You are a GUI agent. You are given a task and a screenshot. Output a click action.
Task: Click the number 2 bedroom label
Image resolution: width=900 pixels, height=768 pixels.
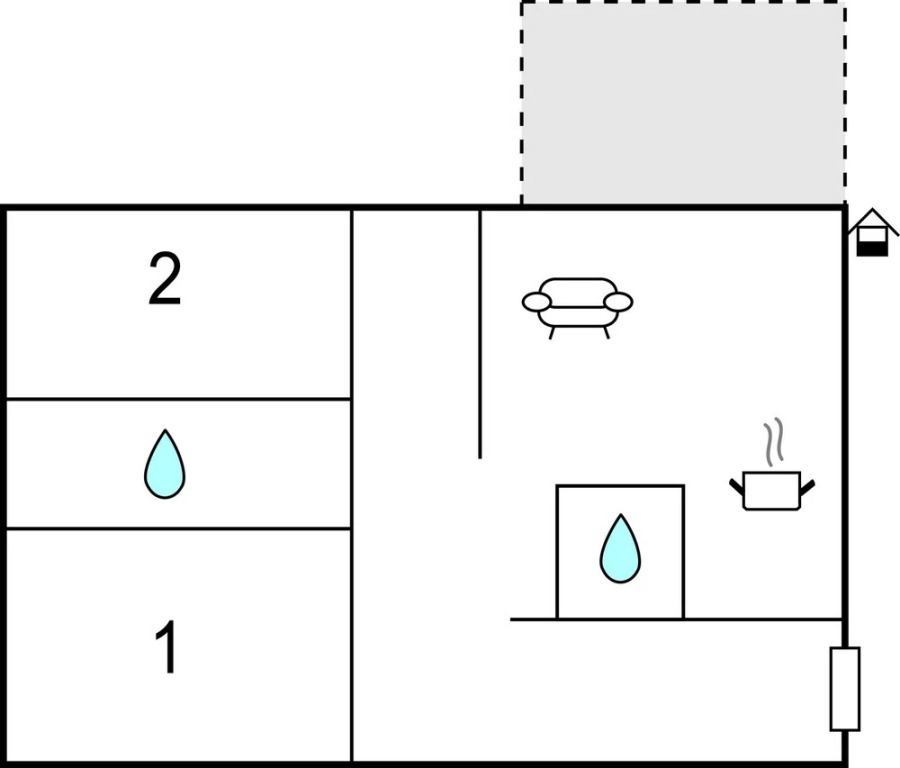[165, 280]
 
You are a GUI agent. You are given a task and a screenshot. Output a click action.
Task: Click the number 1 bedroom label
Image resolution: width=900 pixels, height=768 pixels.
[166, 647]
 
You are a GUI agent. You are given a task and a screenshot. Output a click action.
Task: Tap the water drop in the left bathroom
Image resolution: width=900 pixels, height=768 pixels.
[165, 464]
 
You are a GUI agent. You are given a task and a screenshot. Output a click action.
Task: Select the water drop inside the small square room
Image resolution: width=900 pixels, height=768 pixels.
[620, 549]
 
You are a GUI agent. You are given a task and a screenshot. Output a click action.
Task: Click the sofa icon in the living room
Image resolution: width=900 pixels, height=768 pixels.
[577, 308]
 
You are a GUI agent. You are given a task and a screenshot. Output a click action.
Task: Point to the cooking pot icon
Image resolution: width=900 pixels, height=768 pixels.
[772, 490]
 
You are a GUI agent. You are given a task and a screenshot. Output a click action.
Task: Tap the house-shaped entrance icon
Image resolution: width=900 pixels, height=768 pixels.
[872, 232]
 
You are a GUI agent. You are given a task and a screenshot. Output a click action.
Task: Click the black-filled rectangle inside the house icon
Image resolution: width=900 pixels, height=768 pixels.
[872, 249]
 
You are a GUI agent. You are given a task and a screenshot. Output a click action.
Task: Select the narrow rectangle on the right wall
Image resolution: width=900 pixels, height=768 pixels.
[845, 689]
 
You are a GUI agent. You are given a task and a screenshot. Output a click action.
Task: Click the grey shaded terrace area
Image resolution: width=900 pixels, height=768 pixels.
[683, 103]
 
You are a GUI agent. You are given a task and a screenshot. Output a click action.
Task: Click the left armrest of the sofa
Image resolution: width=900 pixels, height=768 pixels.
[537, 301]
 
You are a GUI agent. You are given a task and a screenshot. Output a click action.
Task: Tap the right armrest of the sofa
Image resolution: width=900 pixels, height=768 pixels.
[618, 301]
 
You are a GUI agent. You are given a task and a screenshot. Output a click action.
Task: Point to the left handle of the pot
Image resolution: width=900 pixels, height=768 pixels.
[737, 487]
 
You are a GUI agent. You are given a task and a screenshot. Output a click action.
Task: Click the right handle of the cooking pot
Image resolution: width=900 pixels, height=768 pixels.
[807, 487]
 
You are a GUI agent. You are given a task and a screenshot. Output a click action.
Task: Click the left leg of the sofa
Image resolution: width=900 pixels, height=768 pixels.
[552, 332]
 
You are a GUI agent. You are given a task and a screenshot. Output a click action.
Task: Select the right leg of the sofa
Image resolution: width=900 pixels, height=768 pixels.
[606, 332]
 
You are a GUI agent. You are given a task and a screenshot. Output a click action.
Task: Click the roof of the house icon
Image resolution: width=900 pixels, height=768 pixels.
[873, 219]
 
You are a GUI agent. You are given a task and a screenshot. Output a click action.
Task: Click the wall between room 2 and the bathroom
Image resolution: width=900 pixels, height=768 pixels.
[179, 398]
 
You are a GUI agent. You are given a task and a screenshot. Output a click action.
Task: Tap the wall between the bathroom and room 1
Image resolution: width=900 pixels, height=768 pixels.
[179, 528]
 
